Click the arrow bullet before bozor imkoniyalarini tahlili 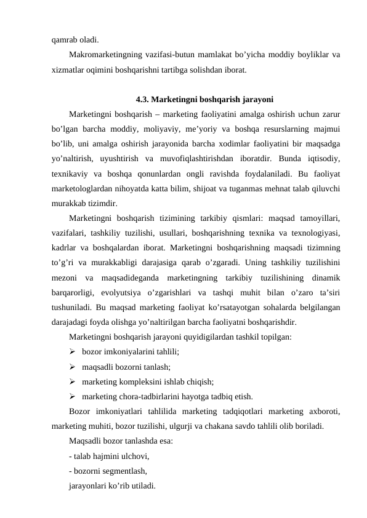pos(73,351)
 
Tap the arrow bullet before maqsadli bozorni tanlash pos(73,366)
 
